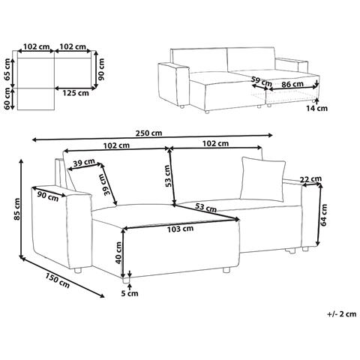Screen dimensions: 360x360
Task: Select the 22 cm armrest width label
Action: click(x=310, y=178)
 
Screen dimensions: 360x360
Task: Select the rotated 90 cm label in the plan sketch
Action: click(x=100, y=69)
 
